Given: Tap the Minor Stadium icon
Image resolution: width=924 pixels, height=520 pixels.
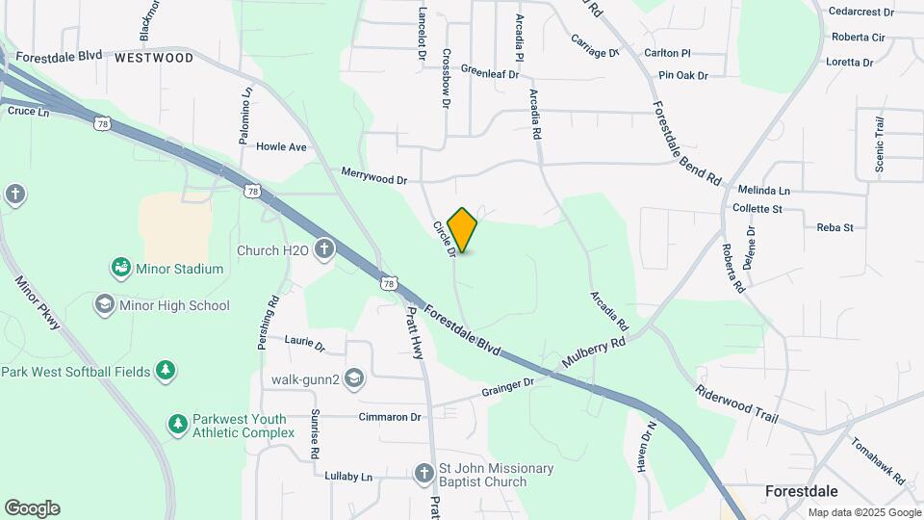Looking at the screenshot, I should [120, 268].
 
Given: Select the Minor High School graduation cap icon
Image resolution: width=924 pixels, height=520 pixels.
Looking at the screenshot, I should [104, 305].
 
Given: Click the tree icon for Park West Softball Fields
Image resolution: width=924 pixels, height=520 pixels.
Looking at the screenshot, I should [166, 371].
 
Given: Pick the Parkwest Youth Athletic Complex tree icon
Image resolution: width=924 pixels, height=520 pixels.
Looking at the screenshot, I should [177, 424].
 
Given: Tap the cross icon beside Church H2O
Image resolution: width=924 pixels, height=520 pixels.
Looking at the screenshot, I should [325, 250].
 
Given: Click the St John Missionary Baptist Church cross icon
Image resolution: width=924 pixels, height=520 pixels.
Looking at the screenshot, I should [423, 474].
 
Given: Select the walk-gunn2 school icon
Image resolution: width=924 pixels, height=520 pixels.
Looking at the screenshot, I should [354, 378].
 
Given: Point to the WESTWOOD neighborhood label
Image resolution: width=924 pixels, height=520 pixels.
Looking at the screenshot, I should [153, 58].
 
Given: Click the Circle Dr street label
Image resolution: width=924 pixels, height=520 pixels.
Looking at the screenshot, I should [444, 240].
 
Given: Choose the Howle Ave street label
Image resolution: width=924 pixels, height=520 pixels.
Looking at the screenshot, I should [281, 147].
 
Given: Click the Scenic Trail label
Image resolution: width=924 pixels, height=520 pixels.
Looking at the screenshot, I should [879, 145].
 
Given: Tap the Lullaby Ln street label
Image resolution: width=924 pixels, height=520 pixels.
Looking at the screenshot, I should [347, 477].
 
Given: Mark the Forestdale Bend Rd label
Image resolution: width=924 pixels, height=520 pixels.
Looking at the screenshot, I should [686, 143].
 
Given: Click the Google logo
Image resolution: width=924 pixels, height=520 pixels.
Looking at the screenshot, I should [32, 508].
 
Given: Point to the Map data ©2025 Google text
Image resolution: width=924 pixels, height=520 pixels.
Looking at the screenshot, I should [863, 513].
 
